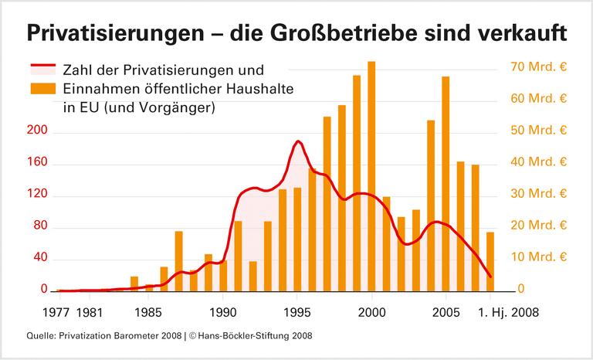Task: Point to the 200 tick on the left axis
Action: (38, 132)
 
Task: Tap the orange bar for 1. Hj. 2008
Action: (490, 261)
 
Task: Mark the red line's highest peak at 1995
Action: (298, 141)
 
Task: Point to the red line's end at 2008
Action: (490, 277)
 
